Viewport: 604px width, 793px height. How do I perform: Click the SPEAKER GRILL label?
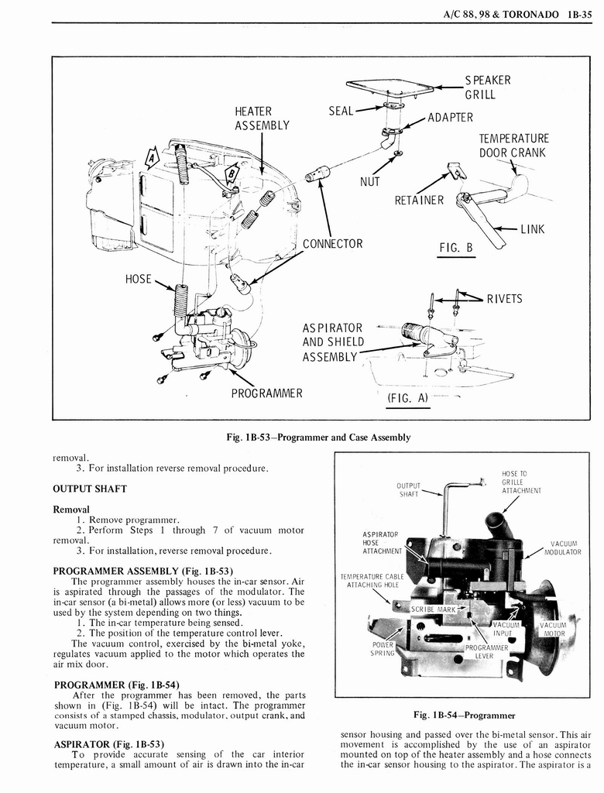(x=487, y=88)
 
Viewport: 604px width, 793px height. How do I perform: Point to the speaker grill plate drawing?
(x=390, y=87)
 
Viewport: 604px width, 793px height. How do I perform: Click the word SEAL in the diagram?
(x=341, y=111)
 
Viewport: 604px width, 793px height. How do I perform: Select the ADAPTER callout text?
(x=450, y=118)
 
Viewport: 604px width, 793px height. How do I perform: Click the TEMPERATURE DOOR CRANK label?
(x=513, y=146)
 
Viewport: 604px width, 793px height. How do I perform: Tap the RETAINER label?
(x=419, y=201)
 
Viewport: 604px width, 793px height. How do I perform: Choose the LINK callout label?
(x=534, y=230)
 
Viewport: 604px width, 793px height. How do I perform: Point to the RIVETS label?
(x=504, y=299)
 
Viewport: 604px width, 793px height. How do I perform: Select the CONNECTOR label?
(x=332, y=244)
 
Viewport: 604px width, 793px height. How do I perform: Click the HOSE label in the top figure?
(x=139, y=279)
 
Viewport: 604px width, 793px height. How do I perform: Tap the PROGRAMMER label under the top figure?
(x=266, y=393)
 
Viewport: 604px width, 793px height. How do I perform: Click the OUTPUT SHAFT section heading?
(x=89, y=489)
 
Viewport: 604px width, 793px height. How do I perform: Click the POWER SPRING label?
(x=383, y=648)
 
